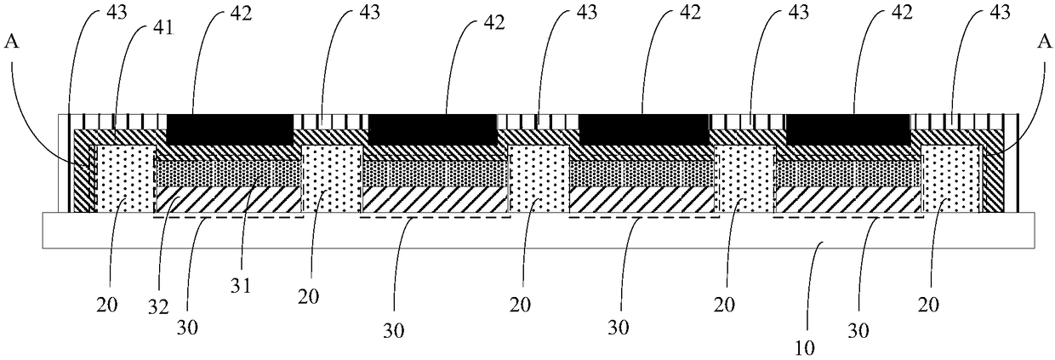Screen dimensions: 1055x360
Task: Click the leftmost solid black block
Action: tap(230, 129)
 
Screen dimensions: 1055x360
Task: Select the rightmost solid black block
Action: tap(847, 129)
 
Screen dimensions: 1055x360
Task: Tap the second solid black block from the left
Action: tap(432, 129)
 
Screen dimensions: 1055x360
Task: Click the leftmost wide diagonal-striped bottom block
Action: tap(229, 200)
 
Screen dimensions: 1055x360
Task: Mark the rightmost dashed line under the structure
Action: tap(847, 218)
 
